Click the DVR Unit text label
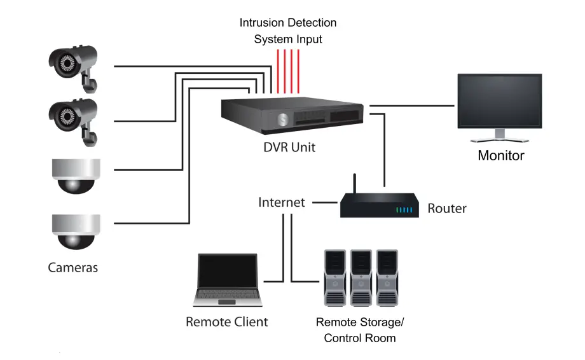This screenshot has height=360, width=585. (x=289, y=148)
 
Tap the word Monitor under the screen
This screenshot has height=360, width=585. (x=500, y=155)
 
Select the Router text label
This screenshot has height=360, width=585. (x=446, y=208)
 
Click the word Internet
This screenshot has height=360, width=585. (x=281, y=202)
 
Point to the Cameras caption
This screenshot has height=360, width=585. (x=73, y=267)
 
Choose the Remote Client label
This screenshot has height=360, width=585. (x=226, y=322)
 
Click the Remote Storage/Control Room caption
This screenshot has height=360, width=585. (x=359, y=330)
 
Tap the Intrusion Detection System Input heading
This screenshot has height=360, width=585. (x=288, y=31)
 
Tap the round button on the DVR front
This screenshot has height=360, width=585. (x=282, y=120)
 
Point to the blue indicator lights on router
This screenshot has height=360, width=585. (x=404, y=209)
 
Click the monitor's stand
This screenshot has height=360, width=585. (x=500, y=135)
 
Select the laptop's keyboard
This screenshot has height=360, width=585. (x=228, y=294)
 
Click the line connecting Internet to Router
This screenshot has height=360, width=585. (x=325, y=203)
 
